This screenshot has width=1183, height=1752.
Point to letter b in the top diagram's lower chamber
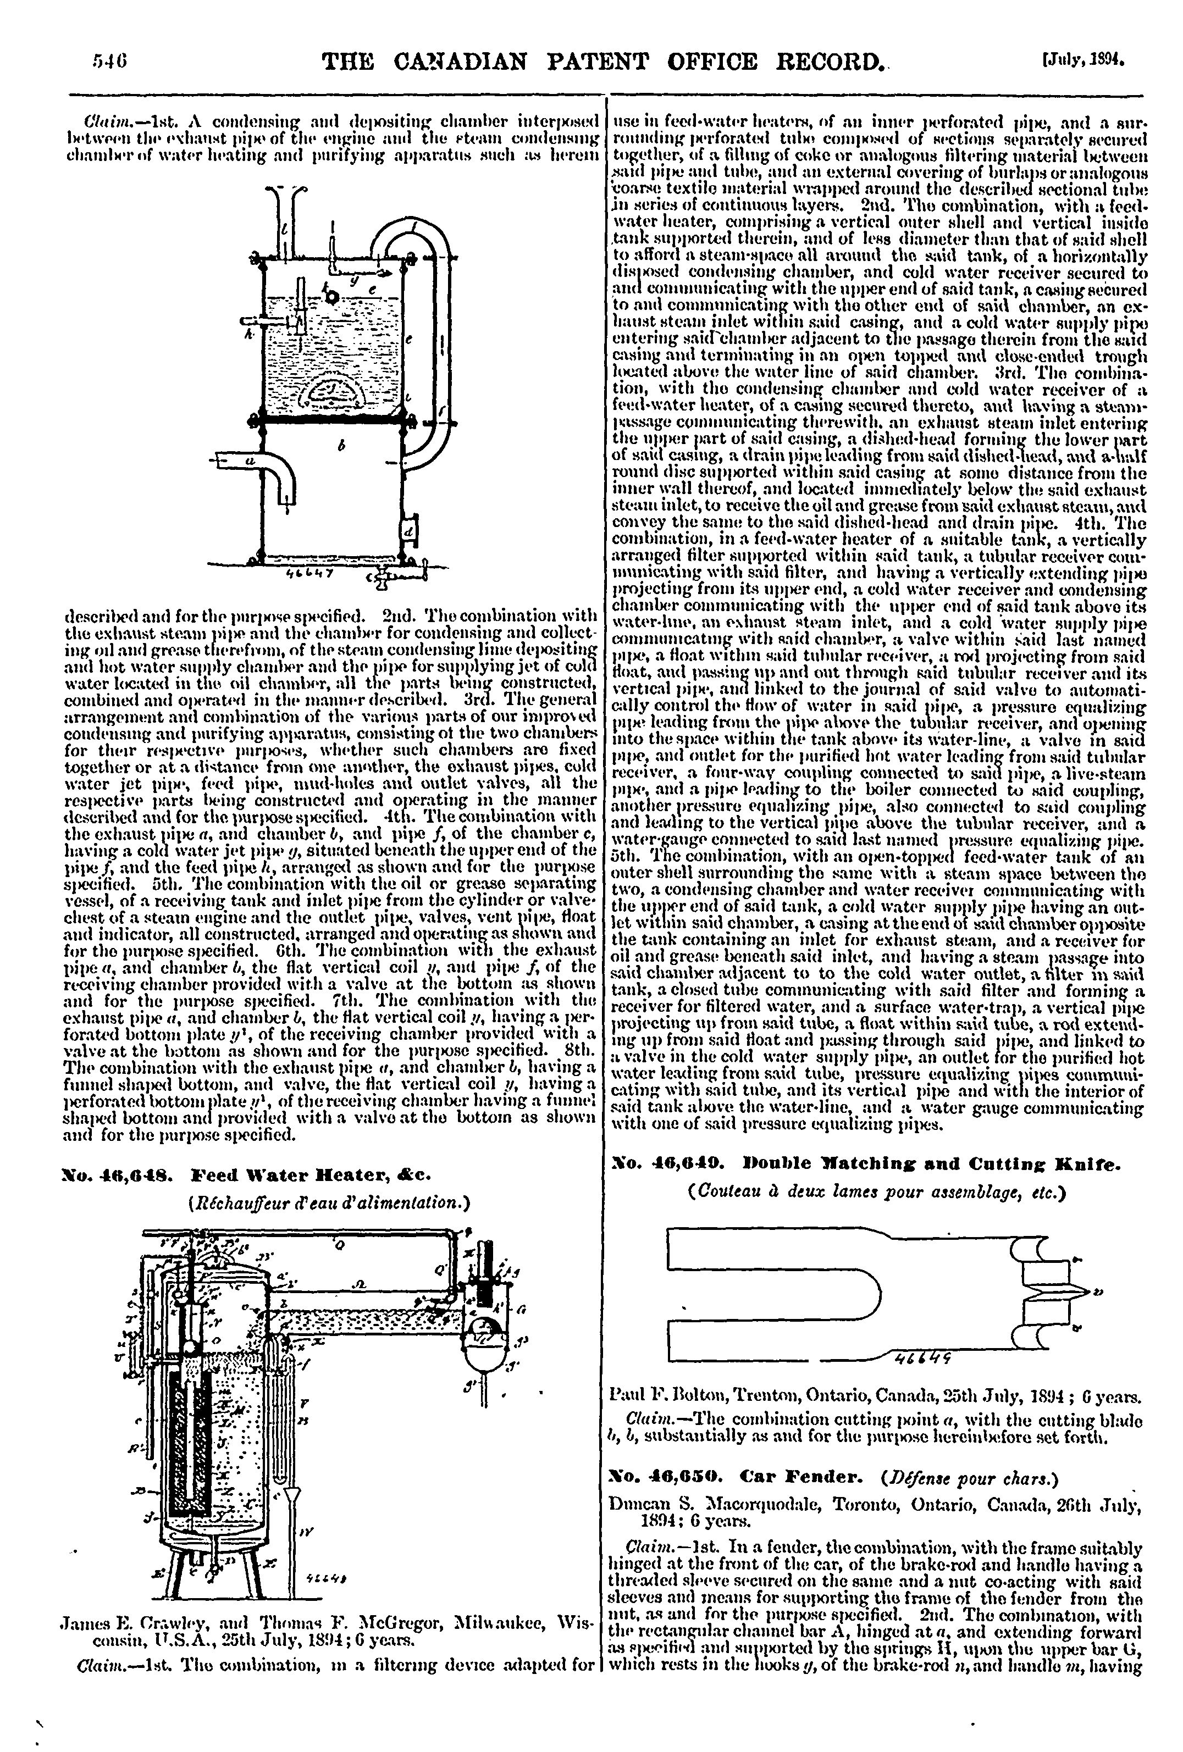click(x=341, y=446)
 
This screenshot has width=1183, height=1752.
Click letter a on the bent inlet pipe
click(x=250, y=458)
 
